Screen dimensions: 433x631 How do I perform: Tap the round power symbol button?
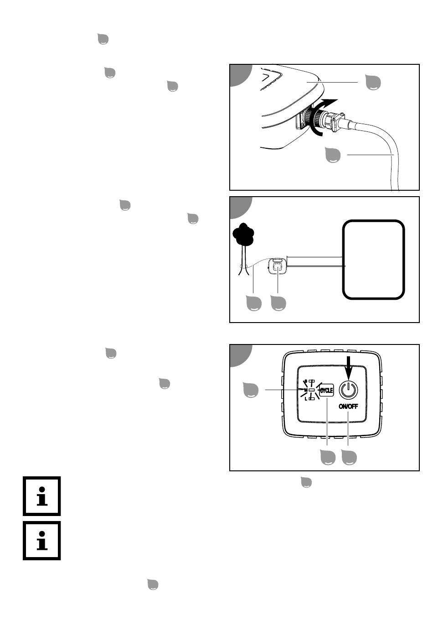tap(348, 390)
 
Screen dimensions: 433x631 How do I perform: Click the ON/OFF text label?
tap(348, 406)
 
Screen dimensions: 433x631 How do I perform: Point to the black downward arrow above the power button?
tap(349, 368)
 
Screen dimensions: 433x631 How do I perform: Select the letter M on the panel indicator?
tap(305, 390)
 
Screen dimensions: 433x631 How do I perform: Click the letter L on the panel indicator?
tap(306, 399)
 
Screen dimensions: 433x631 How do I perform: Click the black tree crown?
tap(243, 234)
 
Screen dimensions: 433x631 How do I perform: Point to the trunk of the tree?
tap(243, 260)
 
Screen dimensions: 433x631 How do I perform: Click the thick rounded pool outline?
tap(373, 260)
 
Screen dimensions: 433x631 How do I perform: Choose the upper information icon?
tap(42, 496)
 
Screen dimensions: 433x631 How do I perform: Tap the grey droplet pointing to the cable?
tap(333, 155)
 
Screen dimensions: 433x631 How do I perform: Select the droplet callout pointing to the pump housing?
tap(373, 82)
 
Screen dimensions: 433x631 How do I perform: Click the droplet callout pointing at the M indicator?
tap(250, 390)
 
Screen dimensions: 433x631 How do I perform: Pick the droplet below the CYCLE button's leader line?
tap(328, 457)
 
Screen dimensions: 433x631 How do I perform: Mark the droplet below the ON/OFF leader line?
tap(349, 457)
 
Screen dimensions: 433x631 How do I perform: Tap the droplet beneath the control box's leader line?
tap(278, 303)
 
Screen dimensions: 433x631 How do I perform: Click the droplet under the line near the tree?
tap(254, 303)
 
